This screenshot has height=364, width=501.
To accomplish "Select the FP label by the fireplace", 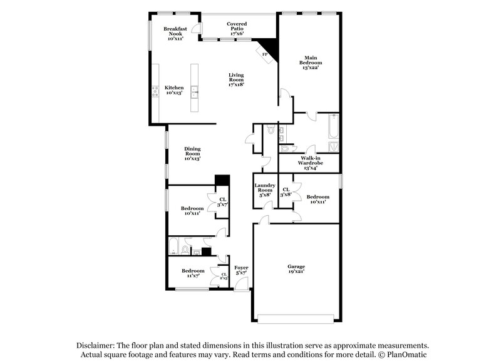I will (x=264, y=55).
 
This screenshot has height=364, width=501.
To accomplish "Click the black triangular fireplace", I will (x=270, y=48).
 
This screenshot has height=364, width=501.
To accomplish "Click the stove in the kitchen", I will (x=154, y=93).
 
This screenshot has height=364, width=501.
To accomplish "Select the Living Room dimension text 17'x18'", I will (x=236, y=84).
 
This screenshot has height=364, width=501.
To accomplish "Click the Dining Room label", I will (x=192, y=153).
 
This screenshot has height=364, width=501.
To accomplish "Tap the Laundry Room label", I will (x=265, y=190).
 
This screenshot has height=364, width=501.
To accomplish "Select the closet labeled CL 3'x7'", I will (x=222, y=202).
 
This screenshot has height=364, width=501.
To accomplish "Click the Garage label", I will (x=297, y=269).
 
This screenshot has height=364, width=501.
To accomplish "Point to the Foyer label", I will (x=241, y=270).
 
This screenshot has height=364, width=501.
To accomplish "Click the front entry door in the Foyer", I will (x=240, y=288).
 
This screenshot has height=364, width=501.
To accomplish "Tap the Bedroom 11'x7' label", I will (x=192, y=273).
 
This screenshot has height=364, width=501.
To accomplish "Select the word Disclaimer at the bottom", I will (x=96, y=345).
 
